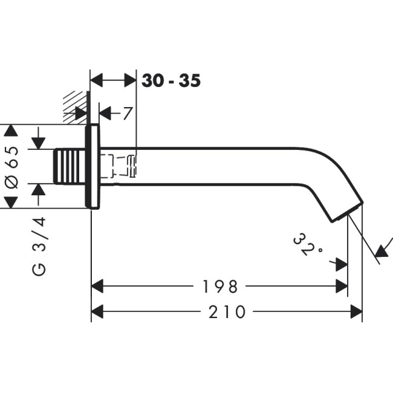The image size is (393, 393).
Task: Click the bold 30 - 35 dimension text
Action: coord(171,80)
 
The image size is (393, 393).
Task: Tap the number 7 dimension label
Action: coord(128,113)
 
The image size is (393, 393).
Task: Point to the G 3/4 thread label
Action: coord(39,247)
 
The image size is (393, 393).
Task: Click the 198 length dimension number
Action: coord(219,287)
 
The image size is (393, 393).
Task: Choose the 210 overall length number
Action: coord(227,312)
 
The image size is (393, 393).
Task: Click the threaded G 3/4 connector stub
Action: coord(70,166)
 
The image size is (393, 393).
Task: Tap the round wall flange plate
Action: coord(93,166)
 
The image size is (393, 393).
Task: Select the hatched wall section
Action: coord(75,107)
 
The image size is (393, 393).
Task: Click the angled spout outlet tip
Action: coord(347,212)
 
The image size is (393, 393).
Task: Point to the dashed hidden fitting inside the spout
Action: coord(119,166)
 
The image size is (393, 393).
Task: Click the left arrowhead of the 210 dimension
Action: coord(97,312)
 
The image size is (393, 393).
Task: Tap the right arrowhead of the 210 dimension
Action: coord(356,312)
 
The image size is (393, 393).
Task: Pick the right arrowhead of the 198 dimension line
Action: coord(342,286)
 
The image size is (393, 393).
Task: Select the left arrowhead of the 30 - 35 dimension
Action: coord(96,80)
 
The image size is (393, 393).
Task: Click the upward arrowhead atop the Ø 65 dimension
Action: coord(11,131)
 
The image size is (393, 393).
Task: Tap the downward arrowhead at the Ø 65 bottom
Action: coord(11,203)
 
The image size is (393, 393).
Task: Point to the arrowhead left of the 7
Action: coord(105,113)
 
